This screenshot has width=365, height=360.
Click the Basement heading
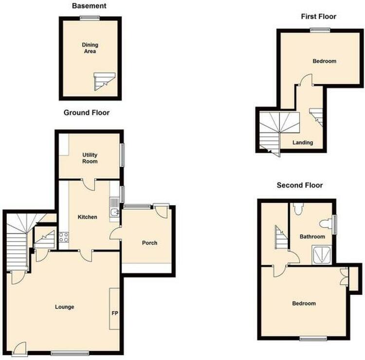(89, 6)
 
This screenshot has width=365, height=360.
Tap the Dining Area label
(90, 48)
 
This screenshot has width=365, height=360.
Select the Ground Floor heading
(87, 113)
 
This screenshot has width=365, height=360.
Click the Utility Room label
(90, 158)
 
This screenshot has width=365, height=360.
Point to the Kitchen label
(87, 217)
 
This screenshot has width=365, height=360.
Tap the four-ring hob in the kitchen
(64, 237)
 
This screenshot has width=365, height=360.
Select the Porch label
(150, 243)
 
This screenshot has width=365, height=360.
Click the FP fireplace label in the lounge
(115, 313)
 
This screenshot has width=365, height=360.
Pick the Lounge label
(64, 307)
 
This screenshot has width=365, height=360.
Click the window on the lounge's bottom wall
(70, 354)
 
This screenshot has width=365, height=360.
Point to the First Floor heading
(319, 17)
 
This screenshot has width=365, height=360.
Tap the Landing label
(303, 142)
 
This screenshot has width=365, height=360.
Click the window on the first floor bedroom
(320, 30)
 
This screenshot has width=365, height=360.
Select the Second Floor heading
(300, 185)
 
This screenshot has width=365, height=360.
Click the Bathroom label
(312, 237)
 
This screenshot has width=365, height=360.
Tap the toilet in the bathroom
(298, 208)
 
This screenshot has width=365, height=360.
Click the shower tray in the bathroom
(322, 255)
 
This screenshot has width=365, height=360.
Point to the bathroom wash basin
(326, 224)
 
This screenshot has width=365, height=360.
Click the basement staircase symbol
(104, 81)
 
